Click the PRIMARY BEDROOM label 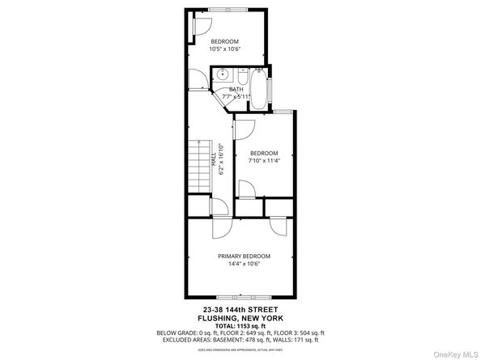tap(244, 256)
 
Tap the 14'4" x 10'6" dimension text tap(244, 264)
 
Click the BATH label tap(236, 90)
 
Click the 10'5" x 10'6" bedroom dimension tap(225, 49)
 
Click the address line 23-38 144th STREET tap(240, 309)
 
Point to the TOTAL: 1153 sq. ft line tap(240, 325)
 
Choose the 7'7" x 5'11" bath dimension tap(236, 96)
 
